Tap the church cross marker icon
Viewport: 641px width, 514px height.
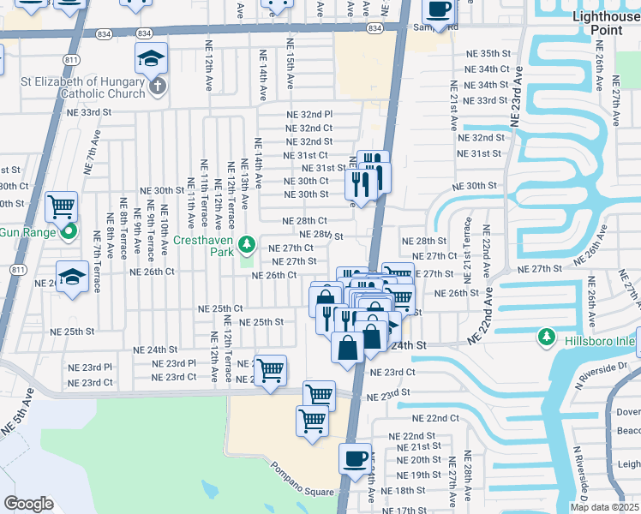tap(158, 87)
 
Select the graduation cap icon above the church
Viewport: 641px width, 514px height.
tap(150, 59)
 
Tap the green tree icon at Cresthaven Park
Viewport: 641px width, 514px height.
tap(247, 246)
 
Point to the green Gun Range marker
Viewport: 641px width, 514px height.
tap(70, 230)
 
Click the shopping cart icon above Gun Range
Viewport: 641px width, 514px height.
tap(61, 206)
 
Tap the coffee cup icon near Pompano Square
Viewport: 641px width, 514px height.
tap(355, 457)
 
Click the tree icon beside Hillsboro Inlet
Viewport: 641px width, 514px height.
tap(546, 338)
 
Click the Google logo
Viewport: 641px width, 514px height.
tap(28, 504)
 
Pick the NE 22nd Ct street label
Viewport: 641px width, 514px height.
tap(435, 418)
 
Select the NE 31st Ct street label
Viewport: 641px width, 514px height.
tap(306, 154)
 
